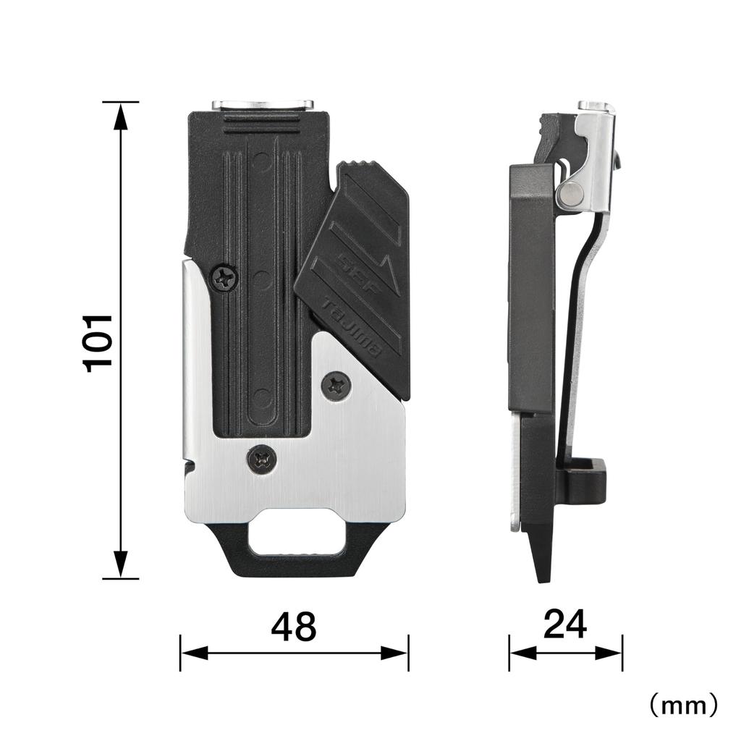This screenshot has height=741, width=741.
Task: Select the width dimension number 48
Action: coord(294,627)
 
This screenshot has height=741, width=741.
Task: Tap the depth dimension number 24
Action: coord(564,624)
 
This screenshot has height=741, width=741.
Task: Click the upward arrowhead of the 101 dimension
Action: coord(121,116)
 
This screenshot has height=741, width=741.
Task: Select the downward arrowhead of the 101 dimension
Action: coord(121,564)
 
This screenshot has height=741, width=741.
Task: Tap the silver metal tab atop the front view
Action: coord(263,106)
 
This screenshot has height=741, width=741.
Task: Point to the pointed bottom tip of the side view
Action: coord(542,575)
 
